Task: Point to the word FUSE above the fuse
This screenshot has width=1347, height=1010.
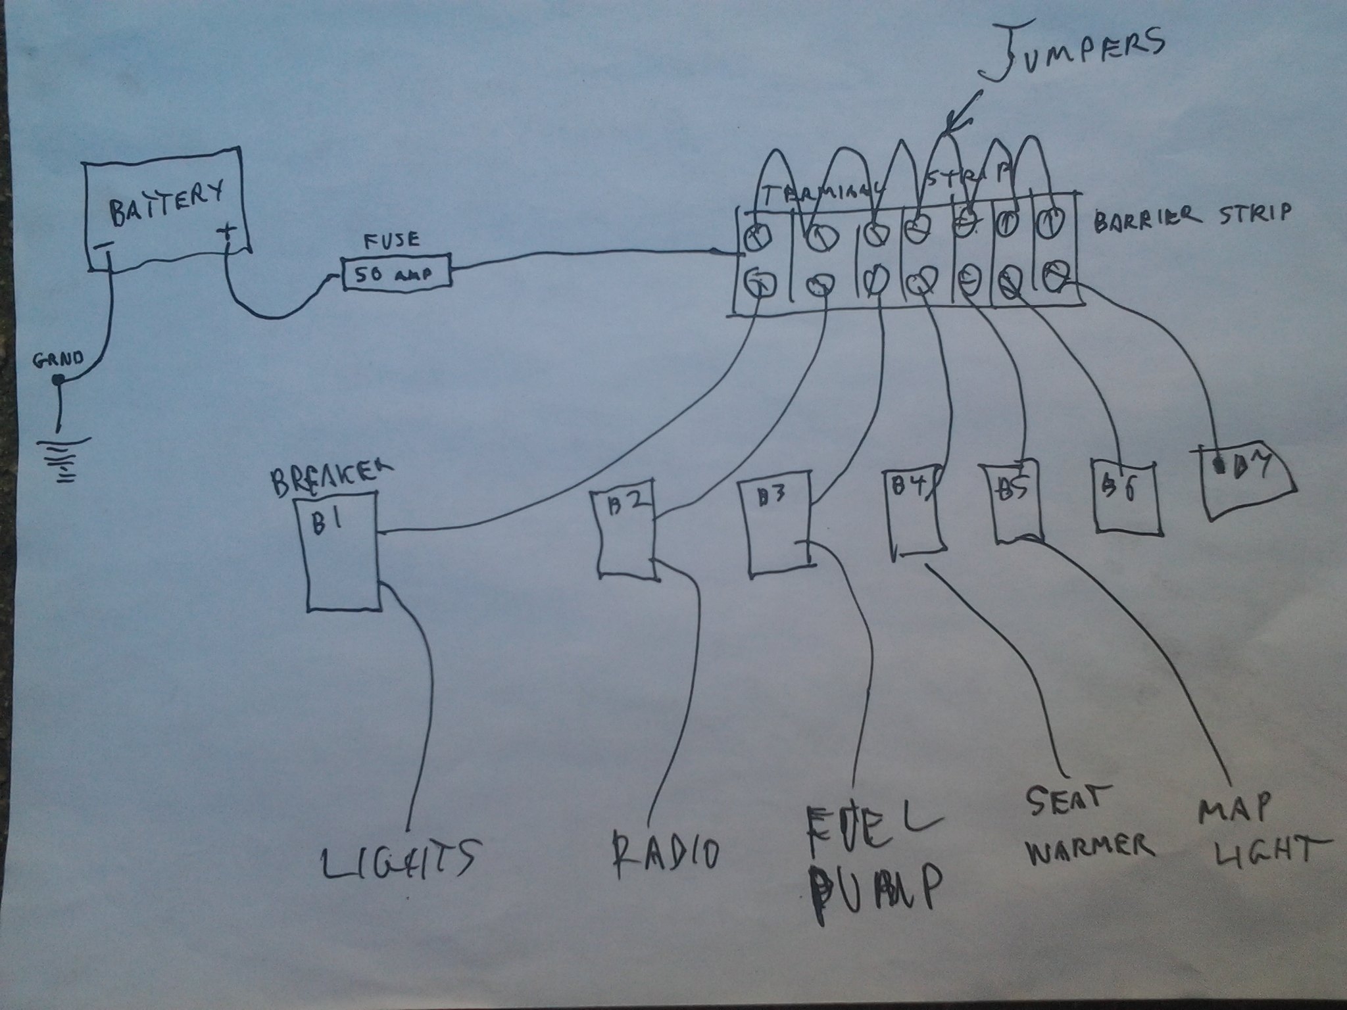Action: (392, 240)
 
